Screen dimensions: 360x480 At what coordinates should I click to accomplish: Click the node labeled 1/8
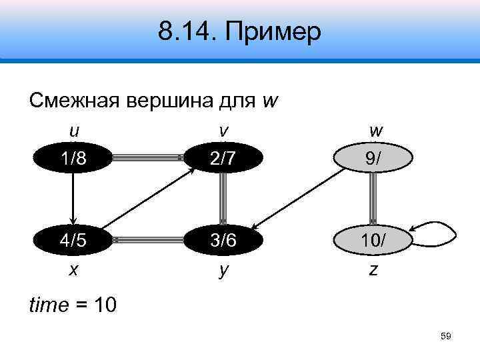tap(74, 158)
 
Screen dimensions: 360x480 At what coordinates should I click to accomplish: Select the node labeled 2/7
tap(222, 158)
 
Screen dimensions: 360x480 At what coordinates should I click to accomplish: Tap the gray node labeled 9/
tap(373, 159)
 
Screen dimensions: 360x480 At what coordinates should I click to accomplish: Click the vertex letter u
tap(74, 131)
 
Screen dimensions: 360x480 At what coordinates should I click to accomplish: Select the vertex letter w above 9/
tap(373, 131)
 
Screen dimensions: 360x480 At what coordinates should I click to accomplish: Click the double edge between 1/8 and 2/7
tap(148, 158)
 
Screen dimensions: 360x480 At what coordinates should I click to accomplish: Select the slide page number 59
tap(446, 337)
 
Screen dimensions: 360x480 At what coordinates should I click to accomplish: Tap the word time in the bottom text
tap(48, 306)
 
